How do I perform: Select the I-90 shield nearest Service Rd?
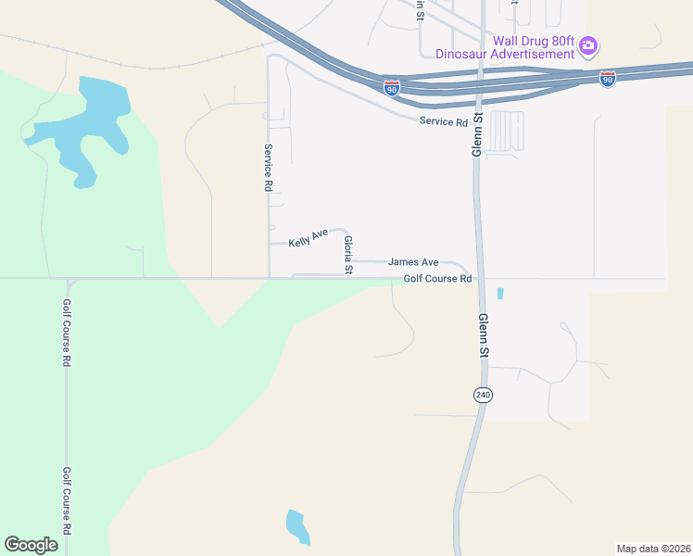click(x=392, y=87)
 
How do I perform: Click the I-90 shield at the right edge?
click(x=608, y=79)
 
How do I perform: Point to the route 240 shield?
click(x=483, y=395)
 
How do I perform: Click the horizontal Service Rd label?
click(x=444, y=121)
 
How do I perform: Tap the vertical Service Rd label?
click(x=267, y=168)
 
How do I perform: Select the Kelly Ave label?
click(x=309, y=239)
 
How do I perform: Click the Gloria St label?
click(x=348, y=255)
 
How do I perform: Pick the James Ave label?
click(x=413, y=263)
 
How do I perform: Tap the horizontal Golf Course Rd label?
click(x=437, y=278)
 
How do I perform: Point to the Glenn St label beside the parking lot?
click(x=478, y=134)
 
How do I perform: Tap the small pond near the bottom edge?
click(x=296, y=526)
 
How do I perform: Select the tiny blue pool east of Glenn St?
click(x=500, y=294)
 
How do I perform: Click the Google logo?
click(x=31, y=545)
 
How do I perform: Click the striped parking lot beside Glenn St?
click(x=505, y=132)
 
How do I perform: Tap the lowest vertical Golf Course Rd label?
click(x=67, y=500)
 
